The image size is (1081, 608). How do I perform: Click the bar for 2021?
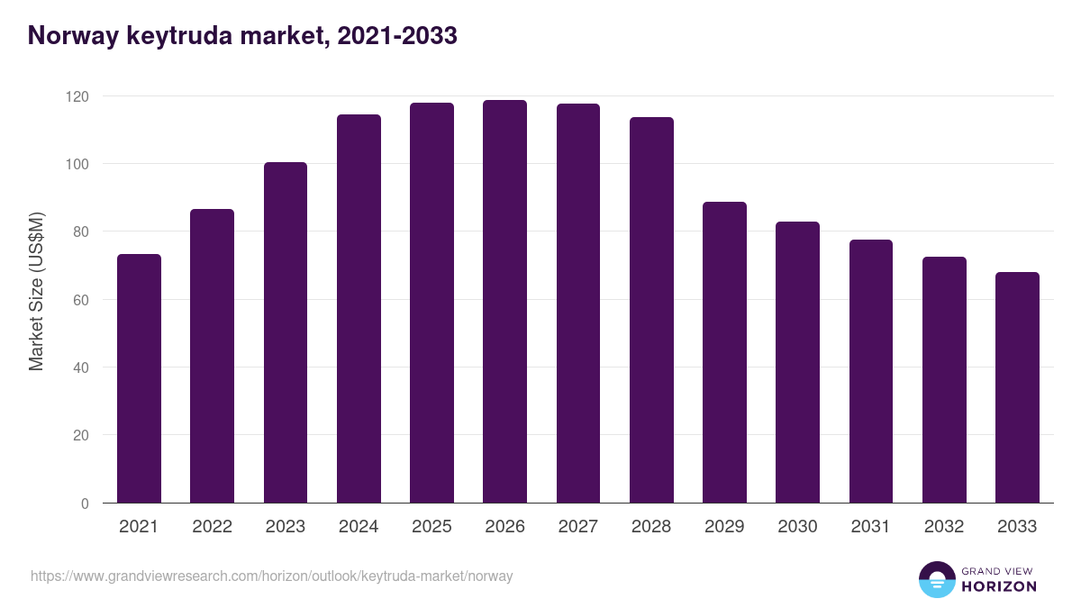tap(139, 378)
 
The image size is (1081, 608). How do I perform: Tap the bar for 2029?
tap(724, 352)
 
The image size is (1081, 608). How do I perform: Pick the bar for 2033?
tap(1017, 387)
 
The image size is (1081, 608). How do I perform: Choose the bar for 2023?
tap(285, 332)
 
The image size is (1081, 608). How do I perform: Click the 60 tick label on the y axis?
tap(80, 300)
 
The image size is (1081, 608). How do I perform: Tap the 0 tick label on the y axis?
tap(84, 504)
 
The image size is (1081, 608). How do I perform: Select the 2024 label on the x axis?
tap(359, 527)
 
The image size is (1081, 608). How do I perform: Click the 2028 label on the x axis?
tap(651, 527)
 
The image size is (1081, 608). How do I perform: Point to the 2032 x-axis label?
tap(944, 527)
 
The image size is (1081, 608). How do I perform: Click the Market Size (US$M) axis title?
tap(36, 291)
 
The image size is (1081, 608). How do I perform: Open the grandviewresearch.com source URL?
tap(271, 576)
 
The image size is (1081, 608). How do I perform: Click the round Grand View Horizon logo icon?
tap(936, 579)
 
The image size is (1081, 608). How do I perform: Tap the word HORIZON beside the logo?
tap(998, 586)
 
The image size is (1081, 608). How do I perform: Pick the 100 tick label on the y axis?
tap(77, 164)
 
